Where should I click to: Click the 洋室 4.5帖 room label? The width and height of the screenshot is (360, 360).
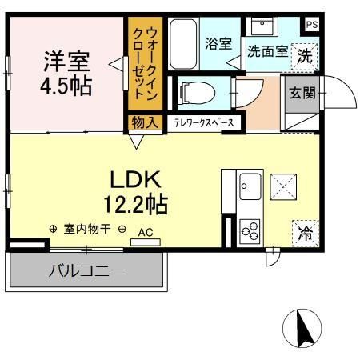pos(67,72)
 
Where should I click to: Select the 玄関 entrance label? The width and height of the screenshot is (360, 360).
pos(302,92)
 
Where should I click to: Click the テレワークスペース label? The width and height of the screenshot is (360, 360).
pos(204,122)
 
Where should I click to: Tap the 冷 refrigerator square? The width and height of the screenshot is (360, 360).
pos(305,233)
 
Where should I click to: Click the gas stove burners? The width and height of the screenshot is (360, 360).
pos(250,231)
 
